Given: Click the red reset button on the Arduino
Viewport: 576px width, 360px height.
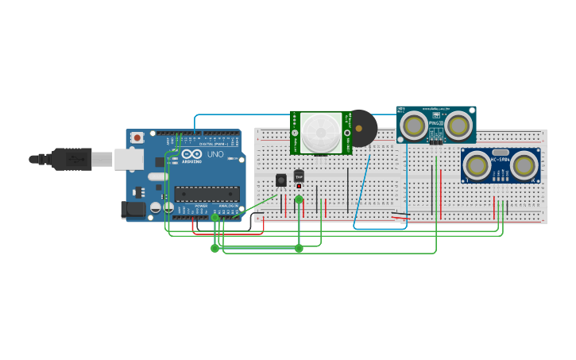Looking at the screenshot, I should pyautogui.click(x=137, y=137).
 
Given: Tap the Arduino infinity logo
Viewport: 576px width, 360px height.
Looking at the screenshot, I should pyautogui.click(x=191, y=154).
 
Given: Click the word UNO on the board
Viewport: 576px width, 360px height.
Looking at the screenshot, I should pyautogui.click(x=215, y=154).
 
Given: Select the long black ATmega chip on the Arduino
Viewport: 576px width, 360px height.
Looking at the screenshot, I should pyautogui.click(x=207, y=193).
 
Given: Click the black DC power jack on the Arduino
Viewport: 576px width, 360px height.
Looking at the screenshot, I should pyautogui.click(x=133, y=210).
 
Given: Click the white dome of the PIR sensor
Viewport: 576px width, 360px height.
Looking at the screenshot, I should pyautogui.click(x=320, y=131).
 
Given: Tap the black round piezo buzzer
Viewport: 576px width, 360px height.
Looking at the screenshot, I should pyautogui.click(x=362, y=128).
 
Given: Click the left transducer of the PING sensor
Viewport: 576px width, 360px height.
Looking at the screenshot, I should pyautogui.click(x=413, y=125).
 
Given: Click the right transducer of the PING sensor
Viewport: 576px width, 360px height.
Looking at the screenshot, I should pyautogui.click(x=458, y=125).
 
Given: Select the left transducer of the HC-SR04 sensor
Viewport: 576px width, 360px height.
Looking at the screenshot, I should pyautogui.click(x=477, y=165).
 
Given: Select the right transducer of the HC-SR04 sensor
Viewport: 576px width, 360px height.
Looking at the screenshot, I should pyautogui.click(x=524, y=165).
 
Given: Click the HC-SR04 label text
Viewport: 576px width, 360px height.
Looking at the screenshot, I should pyautogui.click(x=500, y=160).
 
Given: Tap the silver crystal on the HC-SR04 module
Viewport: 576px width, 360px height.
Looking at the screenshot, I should pyautogui.click(x=500, y=152).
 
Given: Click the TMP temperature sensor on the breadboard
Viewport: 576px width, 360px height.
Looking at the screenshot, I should pyautogui.click(x=299, y=176).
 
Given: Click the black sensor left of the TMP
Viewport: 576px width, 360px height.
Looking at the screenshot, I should pyautogui.click(x=281, y=180).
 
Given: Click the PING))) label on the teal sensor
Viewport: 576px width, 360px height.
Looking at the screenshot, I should pyautogui.click(x=436, y=123).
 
